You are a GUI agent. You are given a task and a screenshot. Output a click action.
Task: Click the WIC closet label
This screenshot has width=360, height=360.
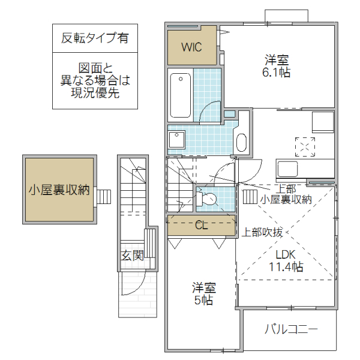(191, 46)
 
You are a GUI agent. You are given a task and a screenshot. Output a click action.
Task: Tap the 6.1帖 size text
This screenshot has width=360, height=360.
(277, 72)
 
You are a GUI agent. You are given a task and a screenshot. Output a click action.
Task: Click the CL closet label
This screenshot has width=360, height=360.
(202, 226)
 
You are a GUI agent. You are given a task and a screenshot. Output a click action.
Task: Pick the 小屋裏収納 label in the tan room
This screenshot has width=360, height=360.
(59, 190)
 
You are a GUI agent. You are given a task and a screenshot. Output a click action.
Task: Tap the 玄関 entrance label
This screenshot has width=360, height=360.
(133, 256)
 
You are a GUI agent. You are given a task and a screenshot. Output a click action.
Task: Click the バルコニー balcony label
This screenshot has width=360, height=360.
(291, 329)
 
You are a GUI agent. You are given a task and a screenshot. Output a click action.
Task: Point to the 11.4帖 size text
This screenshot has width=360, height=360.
(285, 267)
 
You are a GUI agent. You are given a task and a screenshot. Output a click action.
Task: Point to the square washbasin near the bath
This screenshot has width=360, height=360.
(177, 140)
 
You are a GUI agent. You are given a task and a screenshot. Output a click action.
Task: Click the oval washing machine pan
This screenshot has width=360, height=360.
(241, 143)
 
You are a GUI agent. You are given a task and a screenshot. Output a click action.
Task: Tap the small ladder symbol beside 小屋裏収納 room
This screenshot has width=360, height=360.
(104, 196)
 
